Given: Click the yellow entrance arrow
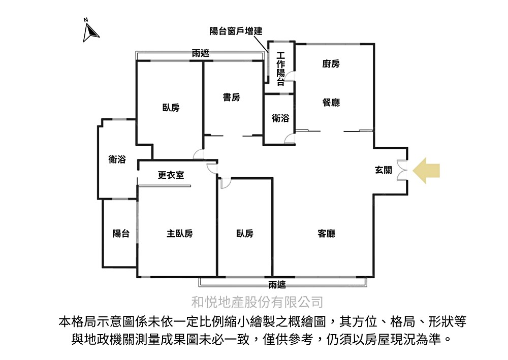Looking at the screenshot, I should point(426,170).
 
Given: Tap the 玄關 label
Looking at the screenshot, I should point(383,171).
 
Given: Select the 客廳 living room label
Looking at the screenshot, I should point(326,234).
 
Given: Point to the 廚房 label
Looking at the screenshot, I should point(331,64).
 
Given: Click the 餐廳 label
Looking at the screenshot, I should point(331,103).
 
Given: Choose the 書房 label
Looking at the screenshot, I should point(231,97).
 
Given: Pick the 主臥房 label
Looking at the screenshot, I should point(179,234).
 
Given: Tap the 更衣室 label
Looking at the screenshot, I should point(171,175).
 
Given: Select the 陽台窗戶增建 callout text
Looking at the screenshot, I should point(236,31).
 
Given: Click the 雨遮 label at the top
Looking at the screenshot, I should point(201,53).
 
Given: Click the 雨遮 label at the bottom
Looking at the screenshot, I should point(277,285).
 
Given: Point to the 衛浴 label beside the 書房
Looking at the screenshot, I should point(280,118).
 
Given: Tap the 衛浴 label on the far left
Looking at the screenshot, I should point(117,159).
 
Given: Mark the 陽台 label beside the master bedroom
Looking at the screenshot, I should point(120,234).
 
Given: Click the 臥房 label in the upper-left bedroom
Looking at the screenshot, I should point(171,108).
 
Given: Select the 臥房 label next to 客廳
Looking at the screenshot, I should point(244,234).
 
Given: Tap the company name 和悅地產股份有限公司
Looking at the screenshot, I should point(257,303).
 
